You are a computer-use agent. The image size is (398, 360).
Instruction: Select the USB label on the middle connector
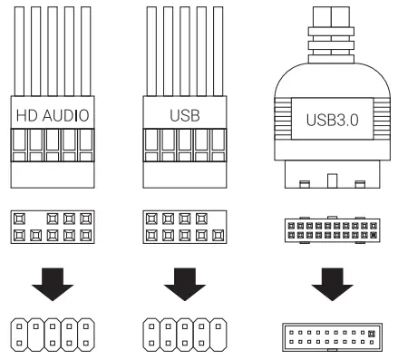[x=184, y=116]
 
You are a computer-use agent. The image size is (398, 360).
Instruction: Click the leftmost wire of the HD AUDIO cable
[x=18, y=45]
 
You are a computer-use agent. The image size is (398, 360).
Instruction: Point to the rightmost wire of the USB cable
[x=217, y=45]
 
